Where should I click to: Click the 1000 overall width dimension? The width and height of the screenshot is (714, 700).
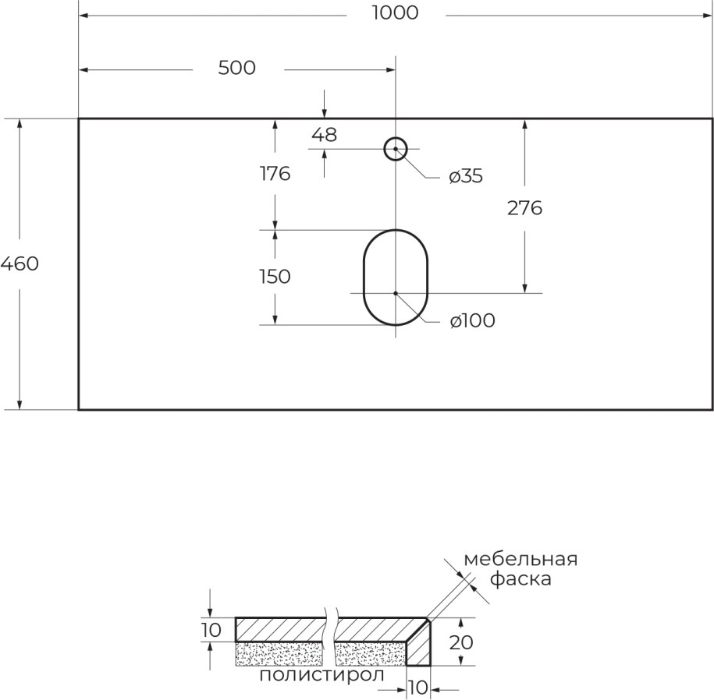pyautogui.click(x=395, y=12)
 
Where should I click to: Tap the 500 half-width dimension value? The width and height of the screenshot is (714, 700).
pyautogui.click(x=236, y=68)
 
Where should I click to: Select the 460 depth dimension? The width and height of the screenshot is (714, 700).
pyautogui.click(x=20, y=263)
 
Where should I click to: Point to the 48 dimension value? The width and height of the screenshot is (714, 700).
pyautogui.click(x=324, y=135)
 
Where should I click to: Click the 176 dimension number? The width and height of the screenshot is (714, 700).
pyautogui.click(x=275, y=174)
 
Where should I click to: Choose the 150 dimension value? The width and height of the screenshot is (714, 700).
pyautogui.click(x=275, y=277)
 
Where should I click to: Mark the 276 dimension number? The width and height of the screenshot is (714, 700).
pyautogui.click(x=524, y=208)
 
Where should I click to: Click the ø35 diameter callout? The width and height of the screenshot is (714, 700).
pyautogui.click(x=465, y=176)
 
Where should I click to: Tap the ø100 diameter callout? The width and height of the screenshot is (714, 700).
pyautogui.click(x=472, y=320)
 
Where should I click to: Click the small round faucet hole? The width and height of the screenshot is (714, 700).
pyautogui.click(x=396, y=149)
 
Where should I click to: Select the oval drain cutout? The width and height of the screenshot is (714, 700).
pyautogui.click(x=396, y=278)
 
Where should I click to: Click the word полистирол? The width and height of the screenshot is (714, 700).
pyautogui.click(x=321, y=675)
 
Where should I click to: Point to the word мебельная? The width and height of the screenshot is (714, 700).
pyautogui.click(x=520, y=559)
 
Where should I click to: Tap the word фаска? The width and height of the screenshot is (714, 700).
pyautogui.click(x=521, y=579)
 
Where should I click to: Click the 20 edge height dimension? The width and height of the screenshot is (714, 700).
pyautogui.click(x=461, y=642)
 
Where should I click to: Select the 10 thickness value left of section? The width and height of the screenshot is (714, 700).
pyautogui.click(x=211, y=631)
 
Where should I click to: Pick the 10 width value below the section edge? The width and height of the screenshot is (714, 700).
pyautogui.click(x=417, y=688)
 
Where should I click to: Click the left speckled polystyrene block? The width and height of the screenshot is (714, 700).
pyautogui.click(x=280, y=654)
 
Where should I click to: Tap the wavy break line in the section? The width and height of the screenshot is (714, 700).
pyautogui.click(x=331, y=637)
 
